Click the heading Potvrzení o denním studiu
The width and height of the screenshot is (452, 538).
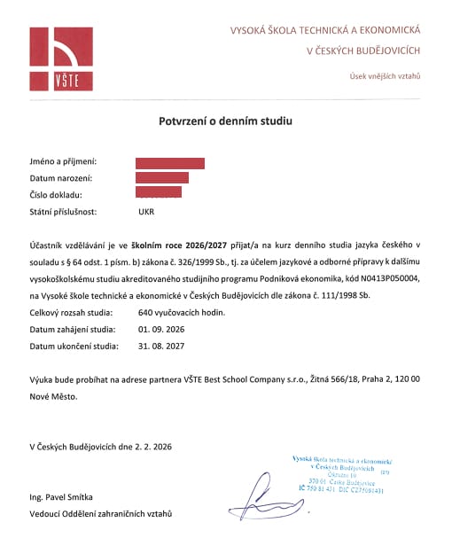point(226,119)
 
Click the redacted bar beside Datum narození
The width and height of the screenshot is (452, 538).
point(161,177)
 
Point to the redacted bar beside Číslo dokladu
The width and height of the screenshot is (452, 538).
point(159,192)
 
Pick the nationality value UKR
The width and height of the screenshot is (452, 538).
point(147,213)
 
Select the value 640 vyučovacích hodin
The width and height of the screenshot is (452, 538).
point(183,313)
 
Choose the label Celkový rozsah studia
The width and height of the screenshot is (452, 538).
point(74,313)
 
